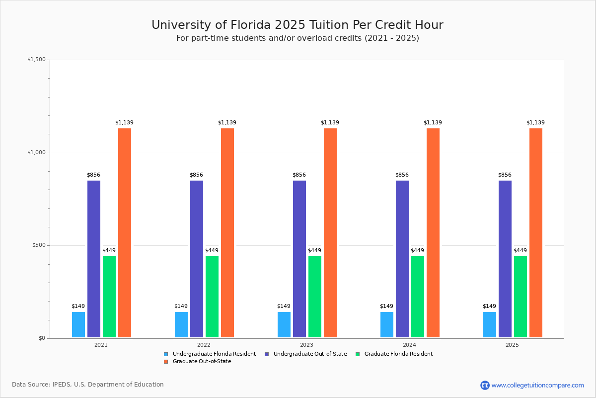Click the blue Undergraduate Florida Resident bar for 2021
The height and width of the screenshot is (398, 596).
(x=78, y=325)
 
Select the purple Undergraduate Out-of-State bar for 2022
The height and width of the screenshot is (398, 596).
(x=197, y=259)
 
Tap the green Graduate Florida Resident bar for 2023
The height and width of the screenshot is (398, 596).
(x=315, y=297)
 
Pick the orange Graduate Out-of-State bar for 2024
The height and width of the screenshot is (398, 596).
(x=433, y=233)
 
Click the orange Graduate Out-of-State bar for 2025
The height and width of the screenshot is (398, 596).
(x=536, y=233)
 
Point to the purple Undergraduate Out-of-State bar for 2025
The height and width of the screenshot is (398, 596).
(x=505, y=259)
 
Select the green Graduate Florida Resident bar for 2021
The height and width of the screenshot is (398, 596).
(x=109, y=297)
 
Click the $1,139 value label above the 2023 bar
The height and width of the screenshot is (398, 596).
(x=330, y=123)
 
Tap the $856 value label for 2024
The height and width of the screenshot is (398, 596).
(x=402, y=175)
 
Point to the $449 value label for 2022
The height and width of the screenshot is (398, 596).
(x=212, y=251)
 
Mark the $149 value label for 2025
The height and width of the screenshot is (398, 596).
(x=489, y=306)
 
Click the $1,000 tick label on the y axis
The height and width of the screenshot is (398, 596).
(x=36, y=153)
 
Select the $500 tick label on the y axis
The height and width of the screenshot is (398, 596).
(x=38, y=245)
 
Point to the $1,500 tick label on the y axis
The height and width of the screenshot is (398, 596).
(x=36, y=60)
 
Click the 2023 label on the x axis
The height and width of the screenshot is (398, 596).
(x=306, y=345)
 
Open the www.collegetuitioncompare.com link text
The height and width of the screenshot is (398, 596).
(x=537, y=385)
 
